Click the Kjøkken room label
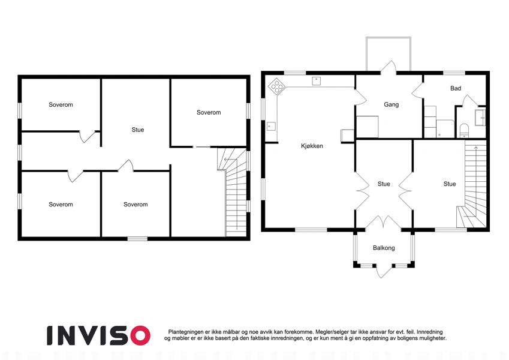click(x=312, y=146)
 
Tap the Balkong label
click(x=384, y=248)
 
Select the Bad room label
click(x=456, y=88)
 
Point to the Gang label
click(x=391, y=104)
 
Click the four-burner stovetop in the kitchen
click(x=277, y=86)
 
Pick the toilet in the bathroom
click(x=465, y=130)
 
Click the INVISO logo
click(x=98, y=335)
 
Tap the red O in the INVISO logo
click(x=139, y=335)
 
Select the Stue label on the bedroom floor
click(x=138, y=130)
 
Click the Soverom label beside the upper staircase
click(x=209, y=112)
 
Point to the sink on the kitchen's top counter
click(x=317, y=81)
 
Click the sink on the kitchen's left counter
click(x=271, y=126)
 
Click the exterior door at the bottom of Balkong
click(x=384, y=271)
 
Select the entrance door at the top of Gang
click(x=388, y=68)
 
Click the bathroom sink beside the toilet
click(x=480, y=118)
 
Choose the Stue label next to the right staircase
click(x=450, y=184)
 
